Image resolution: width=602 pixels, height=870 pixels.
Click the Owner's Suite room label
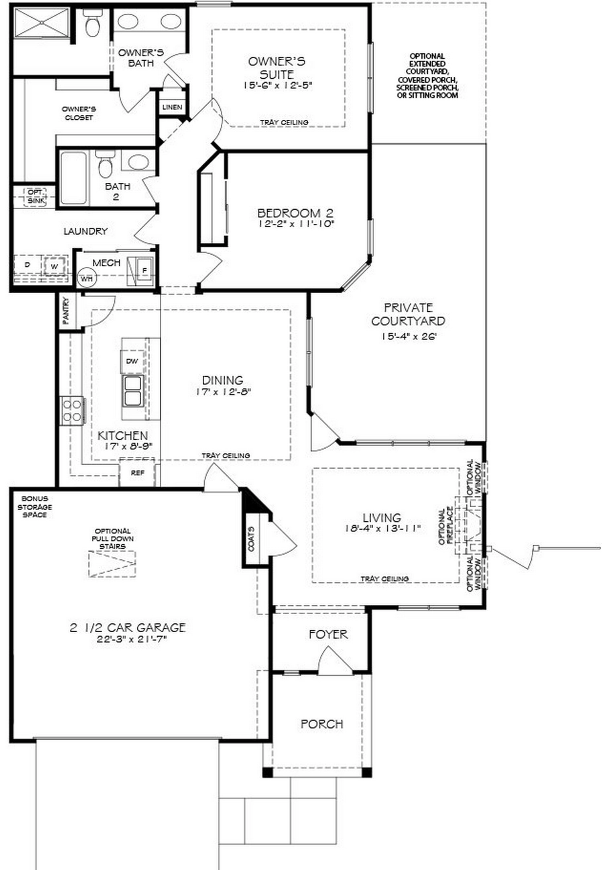coord(277,68)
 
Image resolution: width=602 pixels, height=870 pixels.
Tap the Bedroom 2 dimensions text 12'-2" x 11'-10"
coord(295,223)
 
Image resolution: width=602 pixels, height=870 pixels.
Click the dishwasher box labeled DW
coord(132,361)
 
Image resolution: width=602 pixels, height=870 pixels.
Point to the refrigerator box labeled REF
coord(137,473)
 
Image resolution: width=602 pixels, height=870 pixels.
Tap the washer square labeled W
coord(54,266)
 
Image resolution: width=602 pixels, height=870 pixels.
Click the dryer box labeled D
coord(27,265)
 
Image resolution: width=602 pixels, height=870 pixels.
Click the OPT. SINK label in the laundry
coord(36,196)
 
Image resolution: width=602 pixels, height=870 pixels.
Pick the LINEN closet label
coord(172,107)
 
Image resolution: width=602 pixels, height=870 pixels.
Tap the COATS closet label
coord(252,539)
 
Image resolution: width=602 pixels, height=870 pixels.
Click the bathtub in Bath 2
coord(73,178)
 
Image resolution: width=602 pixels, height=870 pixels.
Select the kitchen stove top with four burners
coord(72,410)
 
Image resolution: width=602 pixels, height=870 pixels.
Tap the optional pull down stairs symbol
coord(112,564)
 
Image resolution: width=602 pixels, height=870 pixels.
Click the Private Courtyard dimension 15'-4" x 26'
coord(409,337)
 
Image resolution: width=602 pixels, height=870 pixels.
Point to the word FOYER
coord(328,634)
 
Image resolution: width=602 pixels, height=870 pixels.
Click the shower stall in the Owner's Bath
coord(42,23)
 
